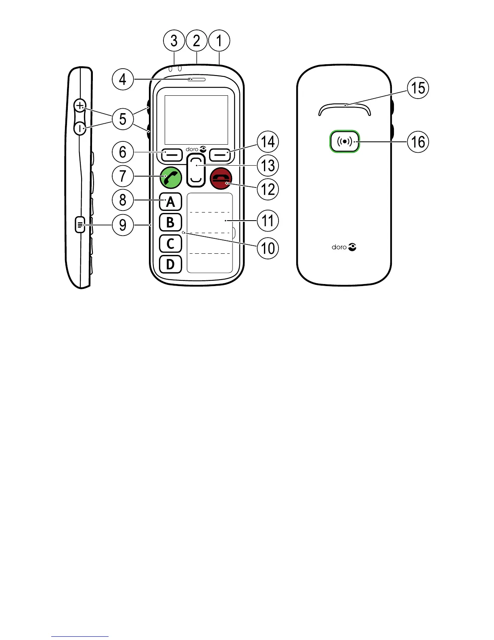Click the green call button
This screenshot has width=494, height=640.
coord(171,178)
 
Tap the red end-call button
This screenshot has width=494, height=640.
coord(221,178)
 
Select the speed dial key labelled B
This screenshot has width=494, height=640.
coord(170,222)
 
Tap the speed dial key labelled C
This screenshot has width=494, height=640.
coord(170,243)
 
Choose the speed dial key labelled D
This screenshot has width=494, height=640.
coord(170,264)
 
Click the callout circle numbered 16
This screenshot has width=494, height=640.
coord(418,142)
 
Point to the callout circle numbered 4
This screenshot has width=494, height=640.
coord(123,79)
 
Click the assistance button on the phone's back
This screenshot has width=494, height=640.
coord(344,141)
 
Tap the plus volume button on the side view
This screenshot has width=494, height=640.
coord(80,106)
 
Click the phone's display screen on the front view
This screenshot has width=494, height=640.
coord(197,120)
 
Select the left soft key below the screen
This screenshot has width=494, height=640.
coord(172,154)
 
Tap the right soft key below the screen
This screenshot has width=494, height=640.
coord(220,154)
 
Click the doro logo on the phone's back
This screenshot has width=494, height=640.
coord(344,247)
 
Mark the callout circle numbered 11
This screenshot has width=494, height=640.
coord(268,221)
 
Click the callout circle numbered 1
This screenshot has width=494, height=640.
coord(219,41)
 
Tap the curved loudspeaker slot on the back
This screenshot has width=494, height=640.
coord(344,107)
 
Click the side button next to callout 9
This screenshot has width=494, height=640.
coord(80,225)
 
